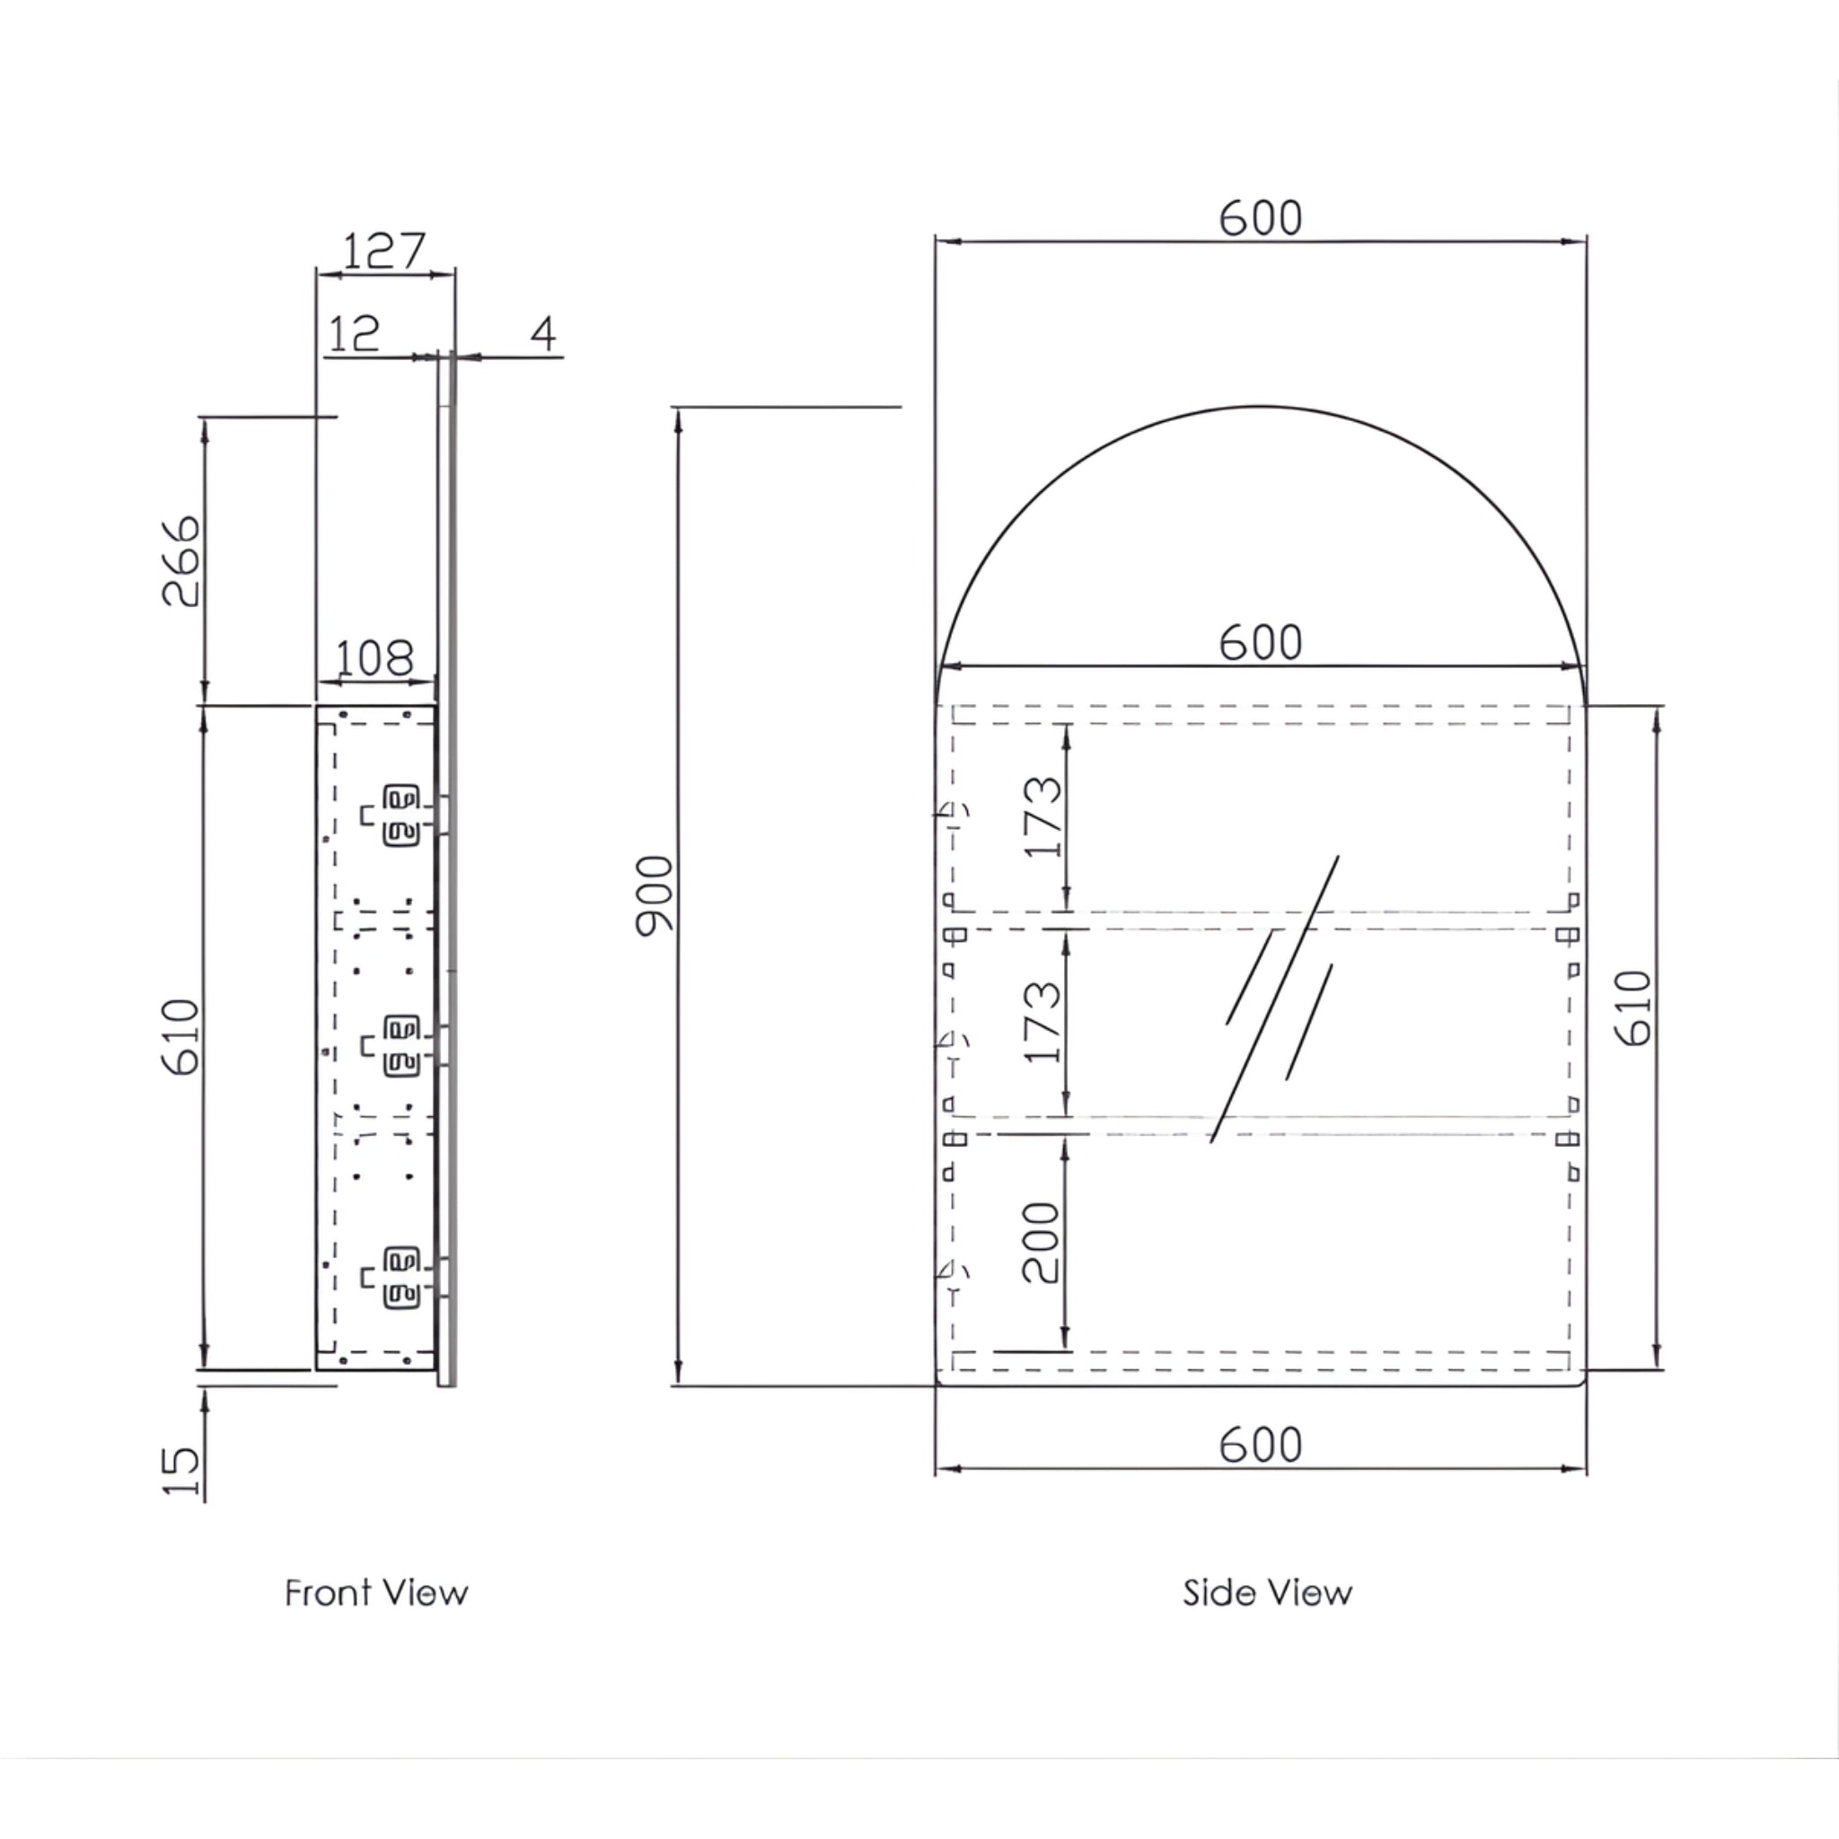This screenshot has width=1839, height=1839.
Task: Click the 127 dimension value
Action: point(383,251)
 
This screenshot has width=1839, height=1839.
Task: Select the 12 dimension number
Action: point(353,333)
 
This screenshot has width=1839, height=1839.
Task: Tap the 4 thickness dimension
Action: point(542,333)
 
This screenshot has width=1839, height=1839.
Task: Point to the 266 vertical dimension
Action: point(180,560)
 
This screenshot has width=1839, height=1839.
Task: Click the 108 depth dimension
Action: point(375,656)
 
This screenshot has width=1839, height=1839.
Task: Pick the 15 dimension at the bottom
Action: point(180,1472)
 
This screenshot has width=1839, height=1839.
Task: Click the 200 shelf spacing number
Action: point(1041,1242)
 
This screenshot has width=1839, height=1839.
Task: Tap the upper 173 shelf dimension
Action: point(1043,817)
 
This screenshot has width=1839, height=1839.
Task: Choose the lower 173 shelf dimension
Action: point(1043,1021)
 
